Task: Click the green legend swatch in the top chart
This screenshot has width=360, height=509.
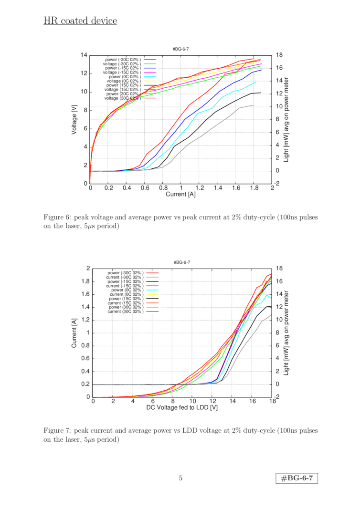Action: coord(150,63)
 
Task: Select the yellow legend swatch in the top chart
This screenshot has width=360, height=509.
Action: coord(150,81)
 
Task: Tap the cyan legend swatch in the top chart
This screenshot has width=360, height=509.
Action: coord(150,76)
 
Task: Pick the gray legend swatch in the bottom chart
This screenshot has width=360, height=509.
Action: coord(152,307)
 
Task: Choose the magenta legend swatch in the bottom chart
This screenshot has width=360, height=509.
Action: coord(152,285)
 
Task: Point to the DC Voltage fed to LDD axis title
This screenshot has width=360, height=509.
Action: coord(181,408)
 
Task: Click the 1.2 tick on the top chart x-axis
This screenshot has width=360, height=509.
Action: coord(199,188)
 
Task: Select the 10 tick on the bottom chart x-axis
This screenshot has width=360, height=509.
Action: coord(192,402)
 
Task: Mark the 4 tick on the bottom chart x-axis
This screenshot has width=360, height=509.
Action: coord(132,402)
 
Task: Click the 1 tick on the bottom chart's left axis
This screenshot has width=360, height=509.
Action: coord(86,333)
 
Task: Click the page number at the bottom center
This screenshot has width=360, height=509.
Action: coord(180,478)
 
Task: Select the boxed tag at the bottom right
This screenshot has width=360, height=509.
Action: coord(297,478)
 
